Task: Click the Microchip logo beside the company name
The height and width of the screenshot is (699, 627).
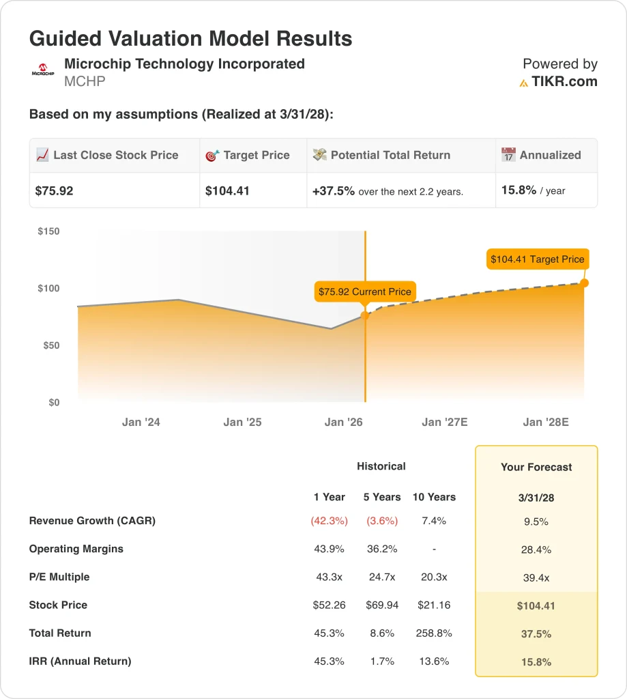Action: (43, 70)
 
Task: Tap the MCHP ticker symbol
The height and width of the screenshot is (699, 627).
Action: (85, 82)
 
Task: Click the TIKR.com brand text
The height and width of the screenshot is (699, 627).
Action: (564, 82)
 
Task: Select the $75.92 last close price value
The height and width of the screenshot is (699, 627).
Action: (54, 191)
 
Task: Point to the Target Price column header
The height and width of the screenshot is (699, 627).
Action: (256, 155)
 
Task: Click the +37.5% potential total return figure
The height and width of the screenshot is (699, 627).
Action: (334, 191)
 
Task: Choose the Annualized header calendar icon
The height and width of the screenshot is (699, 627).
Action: (508, 155)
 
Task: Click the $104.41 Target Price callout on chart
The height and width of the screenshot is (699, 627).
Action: (538, 259)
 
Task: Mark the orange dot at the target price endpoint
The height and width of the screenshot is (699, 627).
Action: (584, 283)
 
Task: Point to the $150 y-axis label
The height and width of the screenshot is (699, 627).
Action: (48, 231)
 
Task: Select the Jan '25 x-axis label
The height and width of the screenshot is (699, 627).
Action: (242, 422)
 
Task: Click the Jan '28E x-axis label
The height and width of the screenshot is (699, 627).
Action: (545, 422)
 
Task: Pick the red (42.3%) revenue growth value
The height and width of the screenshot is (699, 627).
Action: (329, 521)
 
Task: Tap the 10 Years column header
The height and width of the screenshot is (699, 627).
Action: (434, 497)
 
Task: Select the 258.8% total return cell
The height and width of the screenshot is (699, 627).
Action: (434, 633)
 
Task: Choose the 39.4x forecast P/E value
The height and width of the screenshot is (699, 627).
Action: (536, 577)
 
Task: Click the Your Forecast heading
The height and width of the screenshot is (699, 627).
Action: (536, 467)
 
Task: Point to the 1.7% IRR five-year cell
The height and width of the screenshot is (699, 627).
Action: (383, 661)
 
